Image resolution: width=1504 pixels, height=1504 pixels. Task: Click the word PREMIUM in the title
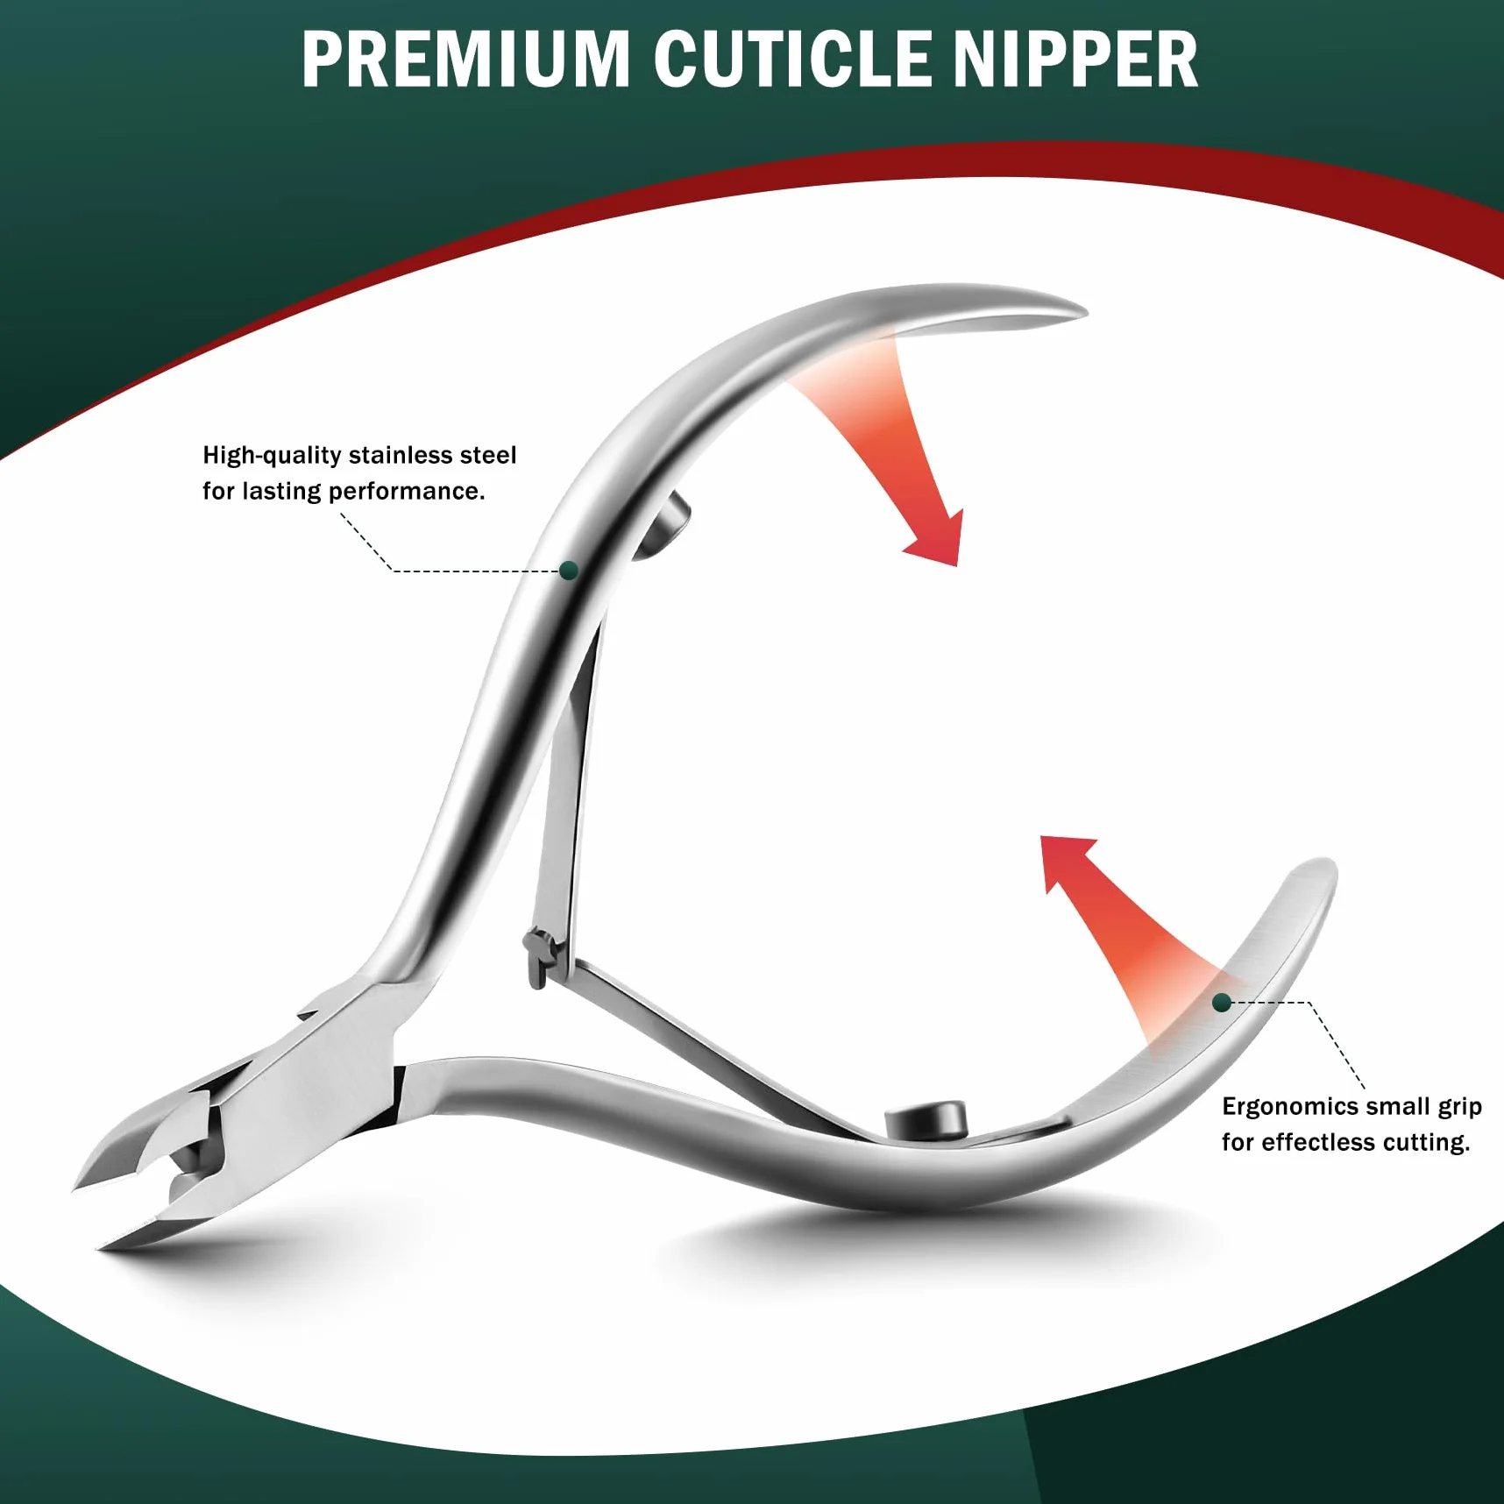click(x=466, y=60)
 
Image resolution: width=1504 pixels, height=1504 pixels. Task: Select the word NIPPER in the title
click(x=1075, y=60)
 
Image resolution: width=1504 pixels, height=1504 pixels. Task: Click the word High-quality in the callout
click(x=272, y=456)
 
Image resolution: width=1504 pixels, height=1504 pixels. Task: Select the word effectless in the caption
click(x=1318, y=1142)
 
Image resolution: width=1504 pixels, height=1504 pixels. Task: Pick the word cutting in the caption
click(x=1426, y=1143)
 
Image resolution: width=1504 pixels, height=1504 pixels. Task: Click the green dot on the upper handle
click(x=569, y=571)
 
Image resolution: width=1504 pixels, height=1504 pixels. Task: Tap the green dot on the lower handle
click(x=1222, y=1003)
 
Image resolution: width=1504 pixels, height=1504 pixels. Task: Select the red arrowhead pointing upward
click(x=1066, y=862)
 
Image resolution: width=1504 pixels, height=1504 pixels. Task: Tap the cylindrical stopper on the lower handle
click(x=926, y=1119)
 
